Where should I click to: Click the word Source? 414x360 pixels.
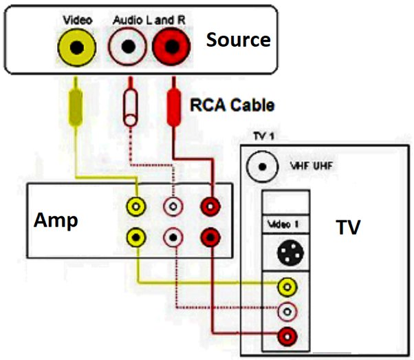238,40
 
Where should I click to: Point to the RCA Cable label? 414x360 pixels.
232,105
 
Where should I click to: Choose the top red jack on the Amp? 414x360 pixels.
210,205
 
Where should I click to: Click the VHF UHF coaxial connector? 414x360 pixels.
261,166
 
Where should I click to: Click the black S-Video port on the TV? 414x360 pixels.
287,253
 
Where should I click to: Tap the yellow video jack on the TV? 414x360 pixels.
287,286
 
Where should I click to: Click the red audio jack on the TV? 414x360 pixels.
287,337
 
